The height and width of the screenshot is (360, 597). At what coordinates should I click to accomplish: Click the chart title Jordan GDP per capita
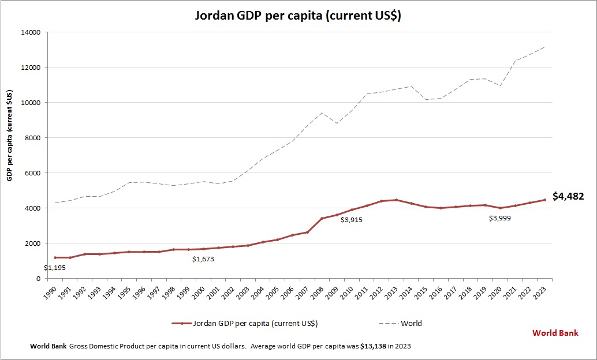pos(297,16)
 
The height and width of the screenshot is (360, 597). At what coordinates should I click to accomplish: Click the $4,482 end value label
pos(568,196)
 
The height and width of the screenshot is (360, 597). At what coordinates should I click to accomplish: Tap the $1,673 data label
pos(204,260)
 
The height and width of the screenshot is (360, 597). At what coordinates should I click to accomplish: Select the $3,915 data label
pos(352,220)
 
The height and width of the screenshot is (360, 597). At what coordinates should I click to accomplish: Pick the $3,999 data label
pos(499,218)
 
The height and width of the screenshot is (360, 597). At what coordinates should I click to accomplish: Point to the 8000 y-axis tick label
pos(32,138)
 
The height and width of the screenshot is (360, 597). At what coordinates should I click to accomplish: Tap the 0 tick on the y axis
pos(38,279)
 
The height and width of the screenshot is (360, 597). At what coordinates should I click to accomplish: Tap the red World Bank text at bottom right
pos(555,333)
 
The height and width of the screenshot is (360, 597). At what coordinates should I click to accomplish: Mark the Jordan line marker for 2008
pos(322,219)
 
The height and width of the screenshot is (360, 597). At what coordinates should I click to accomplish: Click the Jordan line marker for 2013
pos(396,200)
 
